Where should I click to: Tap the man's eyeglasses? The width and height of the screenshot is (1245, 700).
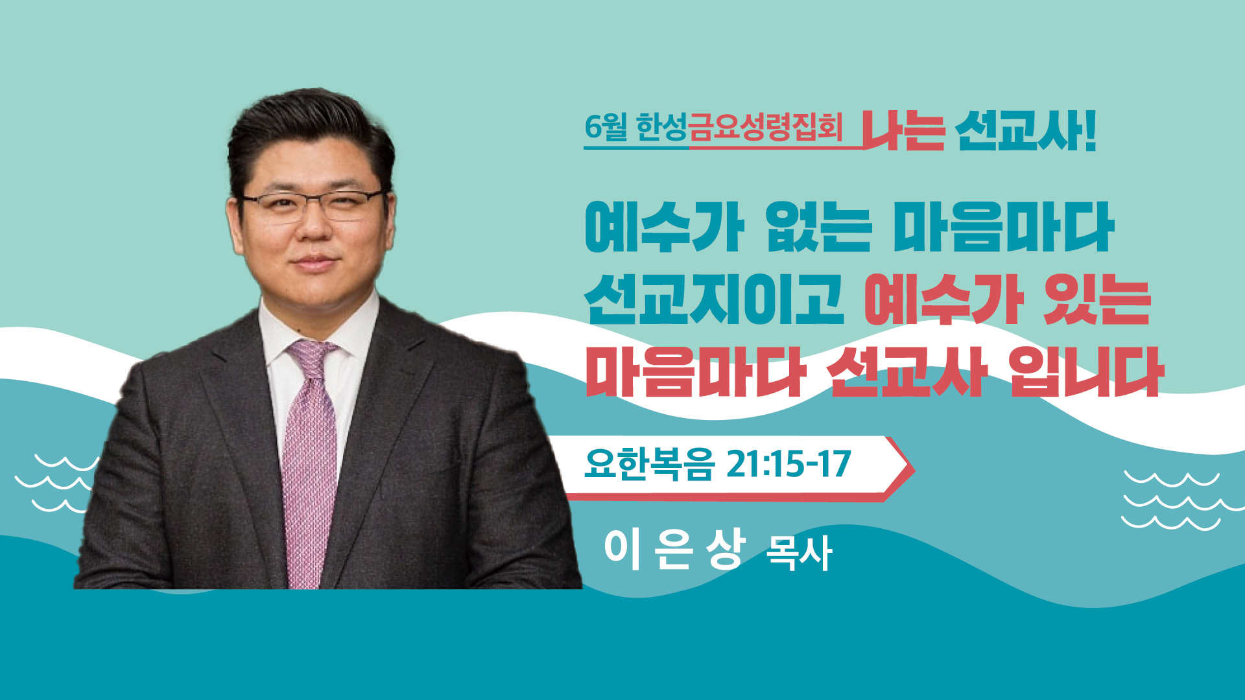pos(314,205)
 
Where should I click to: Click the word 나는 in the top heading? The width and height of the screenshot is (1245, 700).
pos(903,132)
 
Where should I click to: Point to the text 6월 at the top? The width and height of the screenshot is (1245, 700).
pos(606,127)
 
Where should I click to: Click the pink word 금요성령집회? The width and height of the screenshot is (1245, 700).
pos(765,127)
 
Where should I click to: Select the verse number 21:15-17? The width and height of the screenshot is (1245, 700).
pos(788,464)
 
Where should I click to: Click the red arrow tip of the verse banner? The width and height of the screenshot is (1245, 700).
pos(914,470)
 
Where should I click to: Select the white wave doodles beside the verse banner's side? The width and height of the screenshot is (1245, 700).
pos(1183,500)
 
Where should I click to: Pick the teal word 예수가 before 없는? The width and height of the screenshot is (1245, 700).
pos(664,227)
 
